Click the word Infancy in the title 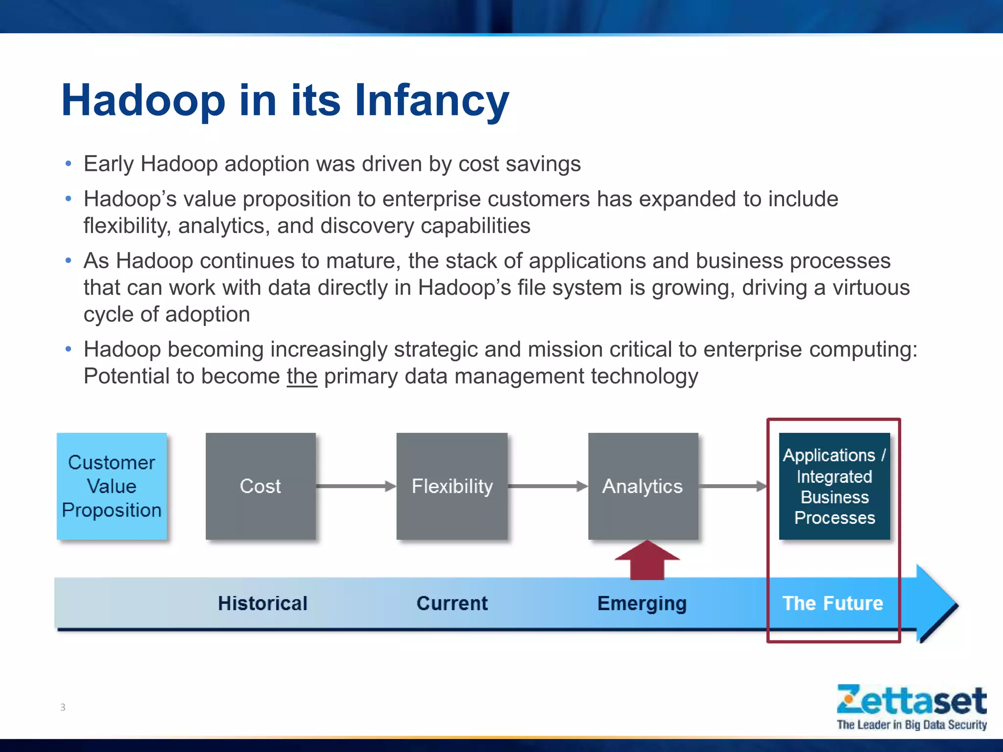pyautogui.click(x=431, y=100)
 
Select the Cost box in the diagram pyautogui.click(x=261, y=486)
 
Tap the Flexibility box pyautogui.click(x=452, y=486)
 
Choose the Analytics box pyautogui.click(x=643, y=486)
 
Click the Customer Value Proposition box pyautogui.click(x=112, y=486)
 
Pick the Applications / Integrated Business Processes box pyautogui.click(x=834, y=486)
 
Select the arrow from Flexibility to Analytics pyautogui.click(x=548, y=486)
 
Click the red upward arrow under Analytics pyautogui.click(x=647, y=561)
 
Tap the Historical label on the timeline pyautogui.click(x=263, y=603)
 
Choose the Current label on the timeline pyautogui.click(x=452, y=603)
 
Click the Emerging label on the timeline pyautogui.click(x=642, y=603)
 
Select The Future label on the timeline pyautogui.click(x=833, y=603)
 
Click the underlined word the pyautogui.click(x=302, y=376)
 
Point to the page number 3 pyautogui.click(x=63, y=707)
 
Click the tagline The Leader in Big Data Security pyautogui.click(x=911, y=725)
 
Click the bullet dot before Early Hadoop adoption pyautogui.click(x=69, y=164)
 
